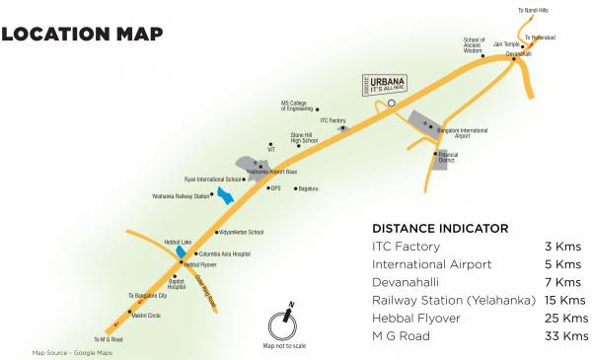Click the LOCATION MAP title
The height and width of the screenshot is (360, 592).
(82, 35)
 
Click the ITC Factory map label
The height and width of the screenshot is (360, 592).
(333, 120)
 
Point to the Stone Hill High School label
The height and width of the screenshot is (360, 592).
(303, 139)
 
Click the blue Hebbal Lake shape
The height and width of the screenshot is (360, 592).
(181, 252)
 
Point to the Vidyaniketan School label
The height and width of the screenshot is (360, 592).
(242, 232)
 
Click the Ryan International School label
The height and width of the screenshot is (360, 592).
(212, 180)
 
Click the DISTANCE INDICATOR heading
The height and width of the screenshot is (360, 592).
(439, 228)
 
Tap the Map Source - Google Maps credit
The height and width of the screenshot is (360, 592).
(72, 352)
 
